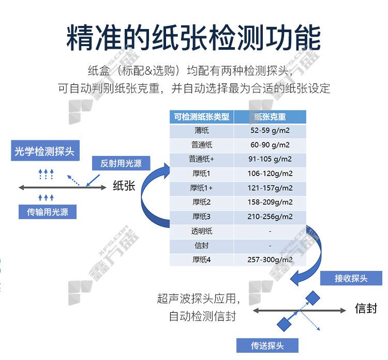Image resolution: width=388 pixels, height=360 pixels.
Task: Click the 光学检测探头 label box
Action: pyautogui.click(x=45, y=151)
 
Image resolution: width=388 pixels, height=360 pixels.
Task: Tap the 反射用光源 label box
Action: pyautogui.click(x=121, y=163)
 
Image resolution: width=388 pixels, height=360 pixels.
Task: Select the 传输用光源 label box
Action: pyautogui.click(x=48, y=212)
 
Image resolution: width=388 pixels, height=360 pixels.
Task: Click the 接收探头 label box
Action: pyautogui.click(x=351, y=278)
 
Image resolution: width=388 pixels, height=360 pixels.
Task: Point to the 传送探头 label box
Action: pyautogui.click(x=267, y=345)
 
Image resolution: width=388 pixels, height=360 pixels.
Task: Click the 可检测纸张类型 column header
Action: pyautogui.click(x=201, y=117)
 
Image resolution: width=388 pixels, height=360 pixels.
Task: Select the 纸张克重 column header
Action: pyautogui.click(x=270, y=117)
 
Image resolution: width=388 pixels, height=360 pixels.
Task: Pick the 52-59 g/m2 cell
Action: pyautogui.click(x=270, y=131)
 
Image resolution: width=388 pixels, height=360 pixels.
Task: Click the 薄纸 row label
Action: pyautogui.click(x=201, y=131)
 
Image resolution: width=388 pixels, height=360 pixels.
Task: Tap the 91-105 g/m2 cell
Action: pyautogui.click(x=270, y=159)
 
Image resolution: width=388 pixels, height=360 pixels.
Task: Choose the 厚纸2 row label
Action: pyautogui.click(x=201, y=202)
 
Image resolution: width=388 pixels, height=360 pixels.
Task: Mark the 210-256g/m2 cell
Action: pyautogui.click(x=270, y=217)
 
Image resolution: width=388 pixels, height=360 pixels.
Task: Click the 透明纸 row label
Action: pyautogui.click(x=201, y=231)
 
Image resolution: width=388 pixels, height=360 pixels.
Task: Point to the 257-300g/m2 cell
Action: pyautogui.click(x=270, y=260)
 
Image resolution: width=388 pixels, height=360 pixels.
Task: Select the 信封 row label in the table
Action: pyautogui.click(x=201, y=246)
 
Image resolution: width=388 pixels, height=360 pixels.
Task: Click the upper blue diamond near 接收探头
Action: pyautogui.click(x=313, y=298)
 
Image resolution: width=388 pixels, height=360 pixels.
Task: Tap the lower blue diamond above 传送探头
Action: pyautogui.click(x=284, y=324)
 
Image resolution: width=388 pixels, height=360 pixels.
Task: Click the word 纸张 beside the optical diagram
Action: pyautogui.click(x=124, y=185)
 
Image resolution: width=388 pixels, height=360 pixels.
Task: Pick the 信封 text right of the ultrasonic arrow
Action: pyautogui.click(x=366, y=309)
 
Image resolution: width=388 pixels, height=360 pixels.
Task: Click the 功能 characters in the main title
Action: pyautogui.click(x=293, y=38)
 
